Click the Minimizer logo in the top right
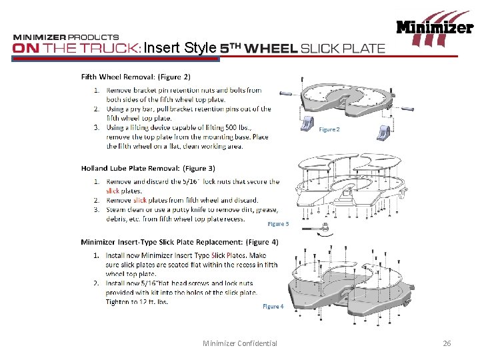pos(435,29)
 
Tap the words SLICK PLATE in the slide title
pos(343,48)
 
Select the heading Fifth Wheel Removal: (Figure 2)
pos(136,77)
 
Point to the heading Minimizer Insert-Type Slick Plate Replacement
pos(179,242)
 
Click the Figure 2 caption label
pos(329,129)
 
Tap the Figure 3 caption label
pos(278,225)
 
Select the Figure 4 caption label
pos(273,306)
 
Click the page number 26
pos(447,343)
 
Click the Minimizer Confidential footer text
pos(240,343)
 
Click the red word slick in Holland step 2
pos(140,200)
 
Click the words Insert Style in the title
pos(180,48)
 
